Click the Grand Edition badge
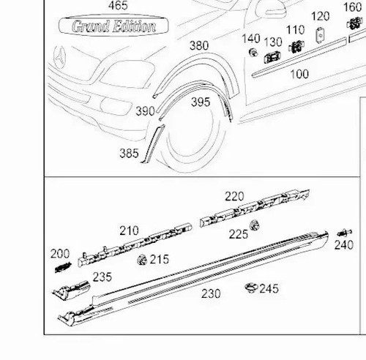coord(113,26)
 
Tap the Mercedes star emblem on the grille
coord(59,58)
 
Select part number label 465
coord(118,5)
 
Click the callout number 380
coord(199,45)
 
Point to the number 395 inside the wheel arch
coord(201,102)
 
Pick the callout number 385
coord(129,153)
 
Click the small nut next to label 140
coord(253,52)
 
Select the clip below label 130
coord(272,58)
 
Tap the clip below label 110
coord(296,46)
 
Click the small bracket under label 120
coord(320,35)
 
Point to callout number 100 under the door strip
coord(299,74)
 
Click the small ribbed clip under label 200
coord(62,267)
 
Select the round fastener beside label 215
coord(142,260)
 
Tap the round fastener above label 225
coord(255,225)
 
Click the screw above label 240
coord(345,233)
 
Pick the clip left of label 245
coord(251,288)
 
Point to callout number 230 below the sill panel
coord(211,293)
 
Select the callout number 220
coord(234,196)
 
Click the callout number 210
coord(129,230)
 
